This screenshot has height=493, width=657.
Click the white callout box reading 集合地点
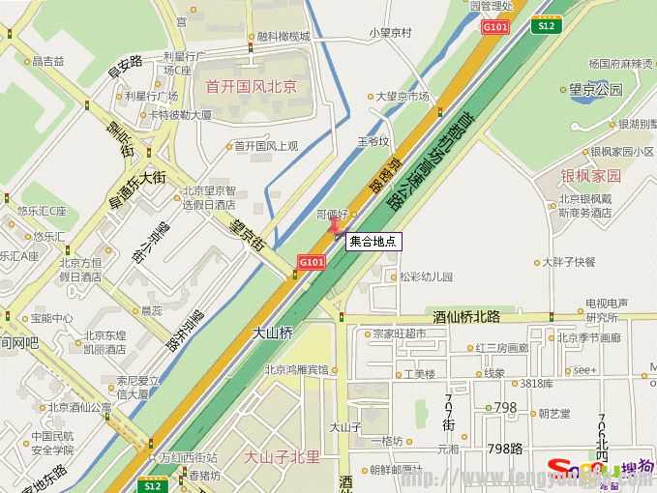(373, 242)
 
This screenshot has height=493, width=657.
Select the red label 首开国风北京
(251, 87)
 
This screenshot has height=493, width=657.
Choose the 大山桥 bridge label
(273, 332)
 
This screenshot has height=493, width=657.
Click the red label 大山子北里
(282, 456)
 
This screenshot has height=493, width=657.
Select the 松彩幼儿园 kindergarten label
(426, 276)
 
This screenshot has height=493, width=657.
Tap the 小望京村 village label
(390, 32)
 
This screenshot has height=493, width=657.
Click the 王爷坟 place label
(373, 141)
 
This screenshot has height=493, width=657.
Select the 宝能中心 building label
(51, 317)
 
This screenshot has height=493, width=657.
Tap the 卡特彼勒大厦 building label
(180, 114)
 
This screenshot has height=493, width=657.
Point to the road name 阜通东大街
(137, 191)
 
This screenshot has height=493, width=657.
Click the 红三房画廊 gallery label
(501, 348)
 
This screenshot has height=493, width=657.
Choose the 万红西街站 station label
(189, 457)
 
